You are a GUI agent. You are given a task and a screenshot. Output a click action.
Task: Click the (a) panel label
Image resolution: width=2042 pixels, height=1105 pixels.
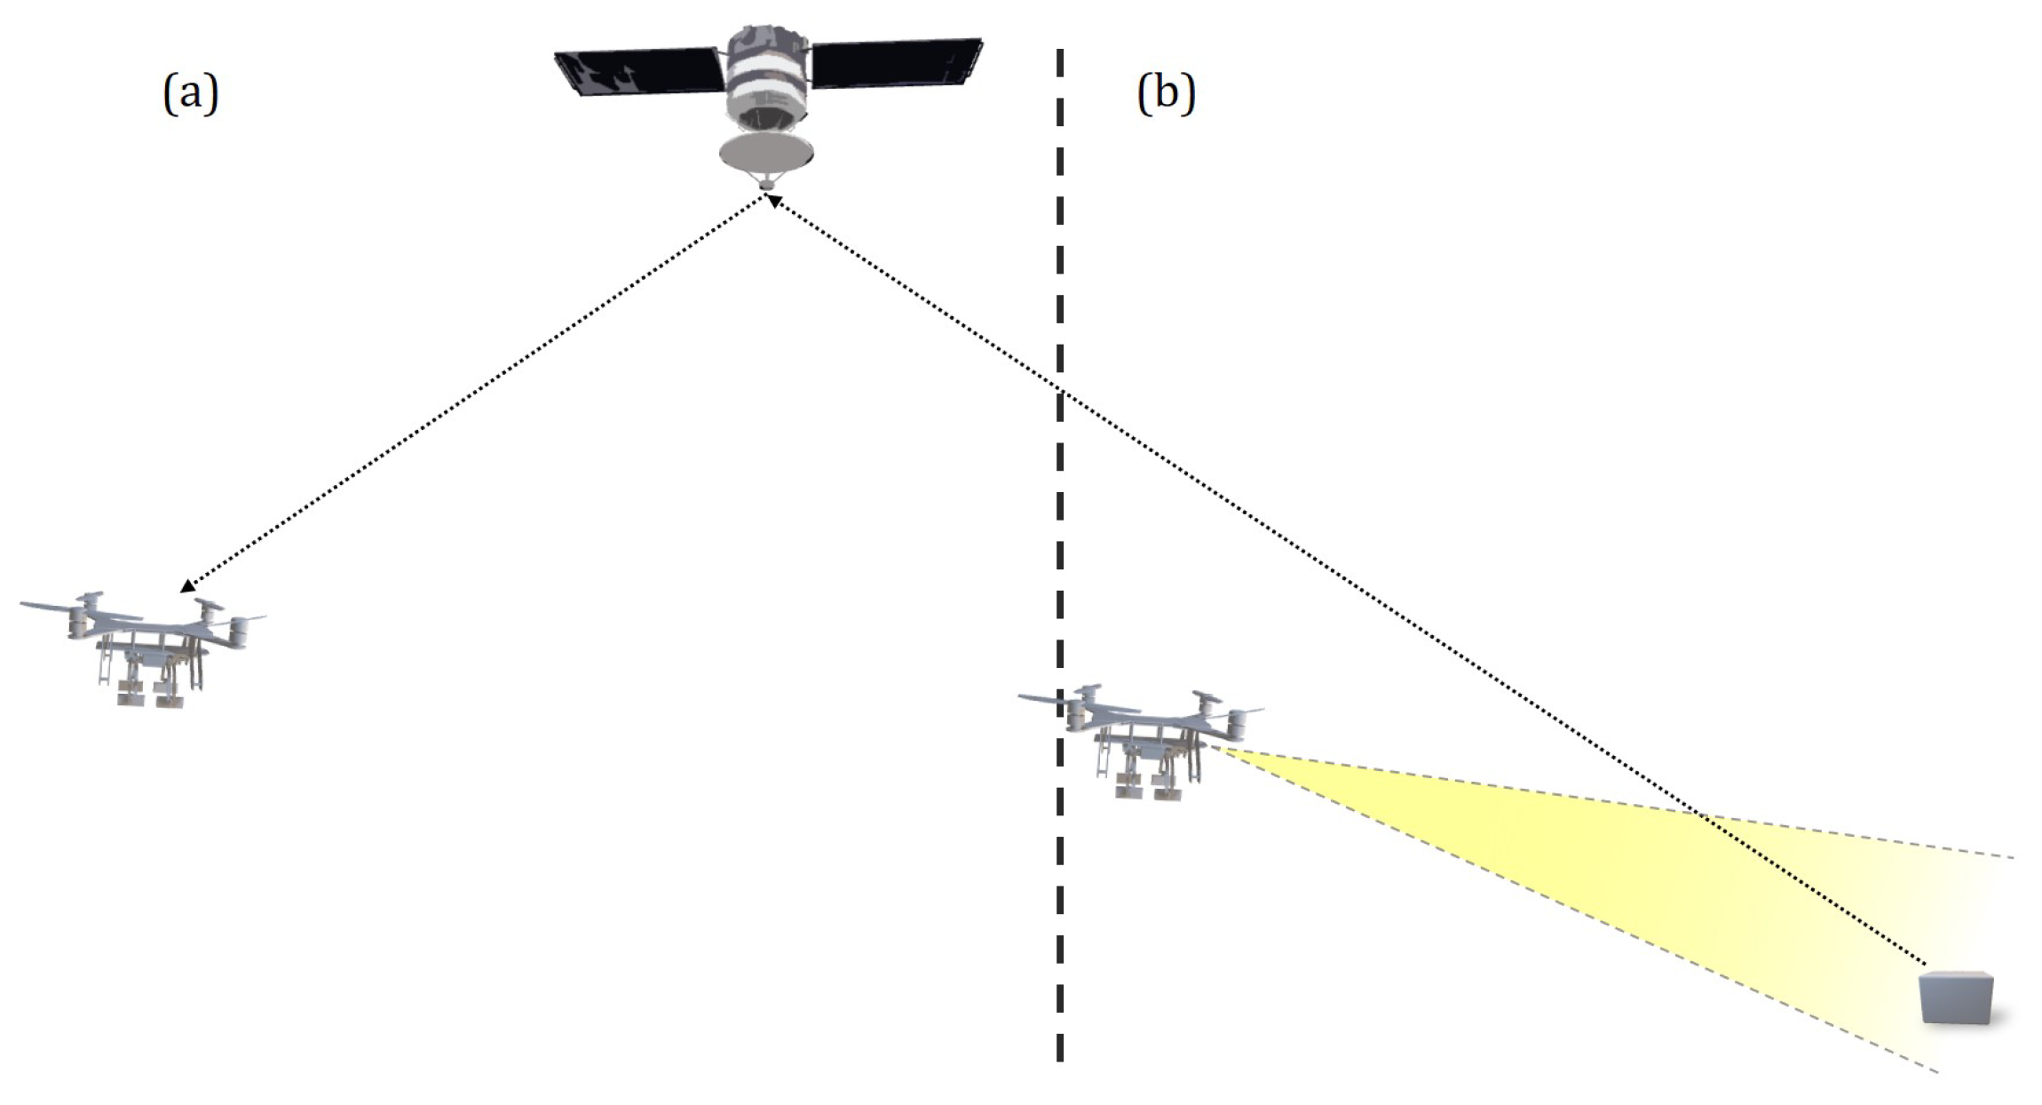tap(190, 93)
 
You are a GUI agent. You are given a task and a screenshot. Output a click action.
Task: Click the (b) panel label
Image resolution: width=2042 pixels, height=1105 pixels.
tap(1165, 93)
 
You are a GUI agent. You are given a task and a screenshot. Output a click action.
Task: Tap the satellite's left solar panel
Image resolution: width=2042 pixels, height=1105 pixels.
tap(637, 71)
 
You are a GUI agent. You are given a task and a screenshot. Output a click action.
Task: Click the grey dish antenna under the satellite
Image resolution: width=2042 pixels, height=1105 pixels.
tap(766, 153)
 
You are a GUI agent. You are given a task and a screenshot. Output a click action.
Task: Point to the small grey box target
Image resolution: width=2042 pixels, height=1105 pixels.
tap(1957, 997)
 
